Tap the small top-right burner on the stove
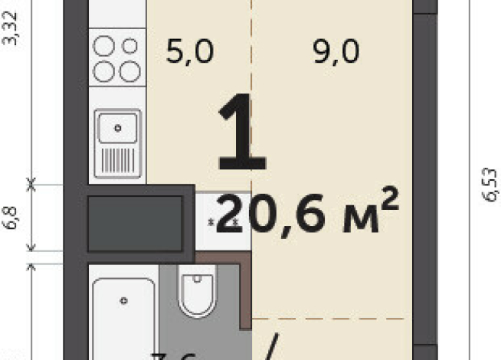(x=129, y=47)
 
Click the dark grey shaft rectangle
(x=134, y=224)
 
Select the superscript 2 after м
(x=389, y=200)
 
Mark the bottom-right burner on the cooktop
(x=129, y=71)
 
